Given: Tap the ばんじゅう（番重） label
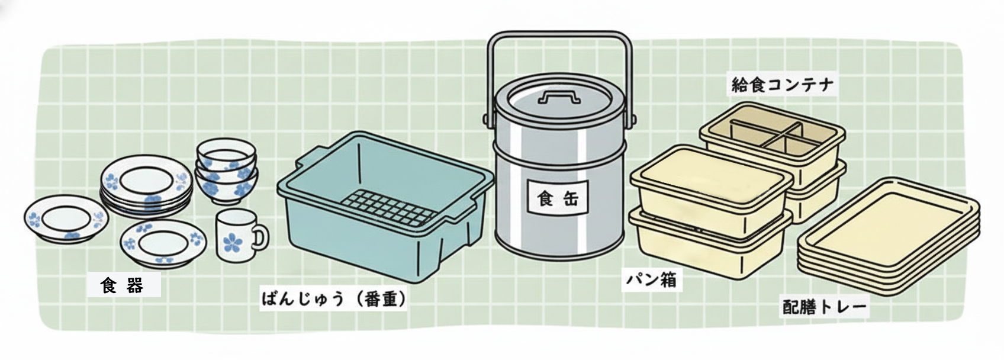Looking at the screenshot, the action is point(334,299).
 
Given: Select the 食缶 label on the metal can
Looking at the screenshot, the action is point(558,198).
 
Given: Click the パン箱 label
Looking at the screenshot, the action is point(651,280).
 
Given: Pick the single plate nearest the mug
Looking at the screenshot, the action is point(163,244).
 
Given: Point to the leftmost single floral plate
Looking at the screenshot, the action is point(66,219).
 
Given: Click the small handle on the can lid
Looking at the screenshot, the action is point(559,97).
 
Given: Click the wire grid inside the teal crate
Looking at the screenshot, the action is point(388,207).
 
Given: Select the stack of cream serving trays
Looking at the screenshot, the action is point(889,236).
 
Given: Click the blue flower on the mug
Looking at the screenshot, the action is point(233,242).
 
